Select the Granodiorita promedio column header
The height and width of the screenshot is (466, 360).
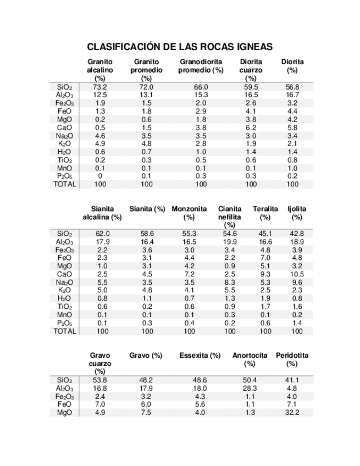click(201, 66)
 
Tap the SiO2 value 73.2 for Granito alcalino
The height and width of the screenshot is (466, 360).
click(100, 87)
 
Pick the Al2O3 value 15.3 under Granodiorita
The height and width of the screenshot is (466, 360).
click(201, 95)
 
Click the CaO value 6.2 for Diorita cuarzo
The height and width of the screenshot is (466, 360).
click(251, 127)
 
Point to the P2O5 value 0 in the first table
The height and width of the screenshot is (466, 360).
click(100, 176)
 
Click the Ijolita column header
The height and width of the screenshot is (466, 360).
click(297, 209)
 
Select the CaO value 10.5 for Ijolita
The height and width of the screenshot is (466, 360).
click(297, 274)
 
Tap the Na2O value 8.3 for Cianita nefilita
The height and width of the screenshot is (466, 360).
click(230, 282)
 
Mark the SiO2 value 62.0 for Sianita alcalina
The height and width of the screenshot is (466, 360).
click(103, 234)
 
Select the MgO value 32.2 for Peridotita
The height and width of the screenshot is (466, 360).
click(292, 413)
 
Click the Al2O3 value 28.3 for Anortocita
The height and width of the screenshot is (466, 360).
click(250, 388)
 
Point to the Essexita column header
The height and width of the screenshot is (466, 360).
click(200, 356)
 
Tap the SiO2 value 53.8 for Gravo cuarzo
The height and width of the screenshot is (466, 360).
click(100, 380)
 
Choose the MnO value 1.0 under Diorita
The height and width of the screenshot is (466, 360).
click(292, 168)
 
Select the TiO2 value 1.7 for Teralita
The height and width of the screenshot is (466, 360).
click(265, 307)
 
